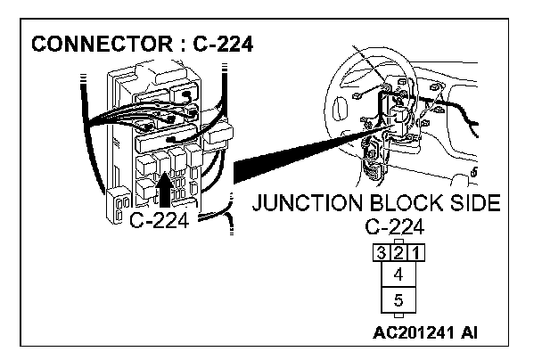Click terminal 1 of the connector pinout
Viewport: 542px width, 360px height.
point(415,252)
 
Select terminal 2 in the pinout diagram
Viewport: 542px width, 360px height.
point(398,252)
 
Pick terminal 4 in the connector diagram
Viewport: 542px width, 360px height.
point(398,274)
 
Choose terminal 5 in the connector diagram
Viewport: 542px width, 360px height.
point(398,300)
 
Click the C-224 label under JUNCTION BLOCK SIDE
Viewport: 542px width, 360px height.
point(397,226)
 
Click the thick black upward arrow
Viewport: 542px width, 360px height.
point(164,185)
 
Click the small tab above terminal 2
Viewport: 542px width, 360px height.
point(398,241)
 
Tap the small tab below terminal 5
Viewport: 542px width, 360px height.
point(398,316)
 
